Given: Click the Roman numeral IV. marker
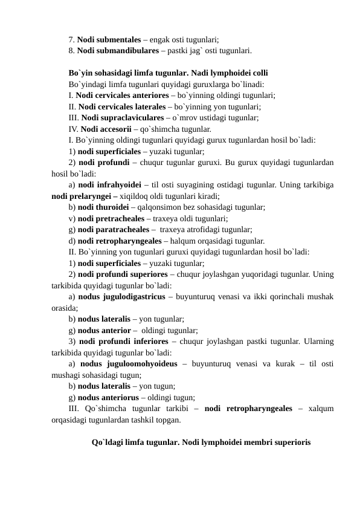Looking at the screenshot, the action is (73, 129).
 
